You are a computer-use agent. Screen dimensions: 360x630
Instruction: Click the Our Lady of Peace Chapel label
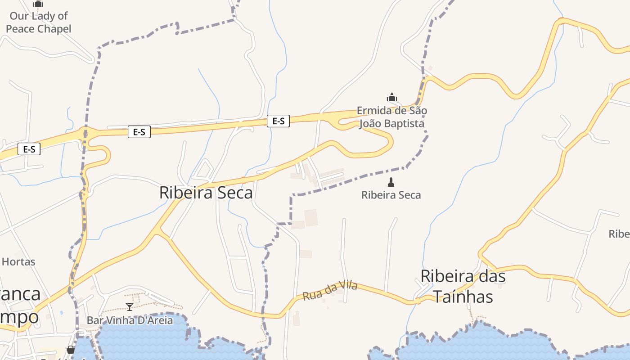(38, 22)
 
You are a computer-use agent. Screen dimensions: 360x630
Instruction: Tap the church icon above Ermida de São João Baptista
(392, 97)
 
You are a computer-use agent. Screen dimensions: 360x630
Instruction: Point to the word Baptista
(403, 123)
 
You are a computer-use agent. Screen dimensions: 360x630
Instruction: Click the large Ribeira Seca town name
(206, 193)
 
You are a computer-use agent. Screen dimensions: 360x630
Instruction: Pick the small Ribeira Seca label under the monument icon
(391, 195)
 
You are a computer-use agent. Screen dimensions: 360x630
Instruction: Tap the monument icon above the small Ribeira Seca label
(391, 182)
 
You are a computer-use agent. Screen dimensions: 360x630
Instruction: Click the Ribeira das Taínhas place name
(463, 286)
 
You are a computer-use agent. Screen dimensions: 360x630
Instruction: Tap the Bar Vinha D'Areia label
(130, 320)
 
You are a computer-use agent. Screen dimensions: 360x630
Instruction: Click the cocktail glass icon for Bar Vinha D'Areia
(130, 307)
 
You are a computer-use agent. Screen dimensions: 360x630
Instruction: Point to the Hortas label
(18, 261)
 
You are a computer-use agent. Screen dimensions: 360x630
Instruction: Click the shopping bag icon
(71, 350)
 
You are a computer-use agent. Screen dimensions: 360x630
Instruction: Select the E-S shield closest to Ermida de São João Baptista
(278, 121)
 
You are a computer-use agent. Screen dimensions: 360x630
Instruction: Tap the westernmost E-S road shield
(29, 149)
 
